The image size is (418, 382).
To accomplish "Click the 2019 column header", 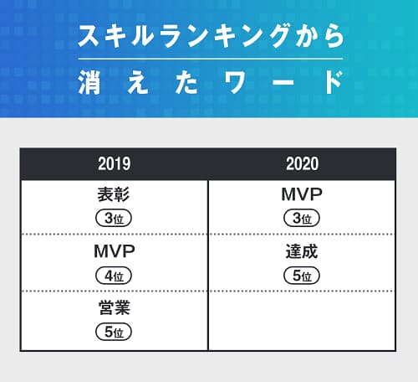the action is pos(115,163).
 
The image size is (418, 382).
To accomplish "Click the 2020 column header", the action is pos(303,163).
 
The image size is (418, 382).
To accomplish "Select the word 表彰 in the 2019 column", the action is pos(114,194).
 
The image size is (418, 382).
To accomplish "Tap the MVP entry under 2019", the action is pos(115,251).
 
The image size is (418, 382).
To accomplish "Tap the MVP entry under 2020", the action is pos(302,194).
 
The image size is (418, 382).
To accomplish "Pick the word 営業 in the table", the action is pos(115,307).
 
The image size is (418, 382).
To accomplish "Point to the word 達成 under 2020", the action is pos(302,251).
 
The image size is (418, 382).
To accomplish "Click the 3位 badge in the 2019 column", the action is pos(114,218).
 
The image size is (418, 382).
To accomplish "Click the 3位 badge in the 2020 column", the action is pos(302,218).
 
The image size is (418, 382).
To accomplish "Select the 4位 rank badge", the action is pos(114,276).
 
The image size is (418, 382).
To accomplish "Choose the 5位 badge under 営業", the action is pos(114,332).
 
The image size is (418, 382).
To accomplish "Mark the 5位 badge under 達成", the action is pos(302,276).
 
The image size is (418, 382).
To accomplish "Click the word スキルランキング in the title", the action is pos(185,35).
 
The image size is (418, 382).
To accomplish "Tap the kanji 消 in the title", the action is pos(89,82).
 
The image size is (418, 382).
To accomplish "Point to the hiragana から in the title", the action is pos(320,35).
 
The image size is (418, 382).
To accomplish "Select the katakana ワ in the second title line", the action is pos(236,82).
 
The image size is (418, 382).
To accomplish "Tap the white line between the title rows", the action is pos(211,59).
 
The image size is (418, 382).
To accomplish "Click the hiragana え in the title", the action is pos(138,82).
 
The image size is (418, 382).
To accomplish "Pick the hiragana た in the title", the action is pos(186,82).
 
